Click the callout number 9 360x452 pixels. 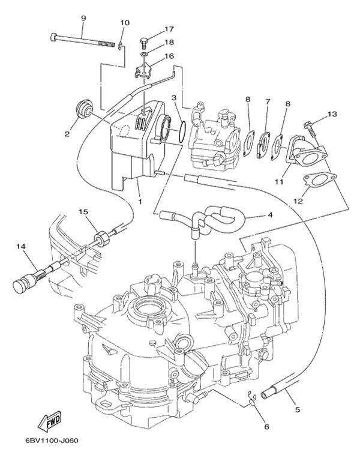coord(83,19)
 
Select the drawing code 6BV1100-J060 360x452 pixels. coord(52,441)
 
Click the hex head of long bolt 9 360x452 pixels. coord(53,37)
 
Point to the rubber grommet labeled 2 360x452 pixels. coord(85,109)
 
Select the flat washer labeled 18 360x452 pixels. coord(145,54)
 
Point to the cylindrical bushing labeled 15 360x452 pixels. coord(101,238)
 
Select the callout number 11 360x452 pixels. coord(279,182)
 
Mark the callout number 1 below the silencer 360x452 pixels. coord(140,202)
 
